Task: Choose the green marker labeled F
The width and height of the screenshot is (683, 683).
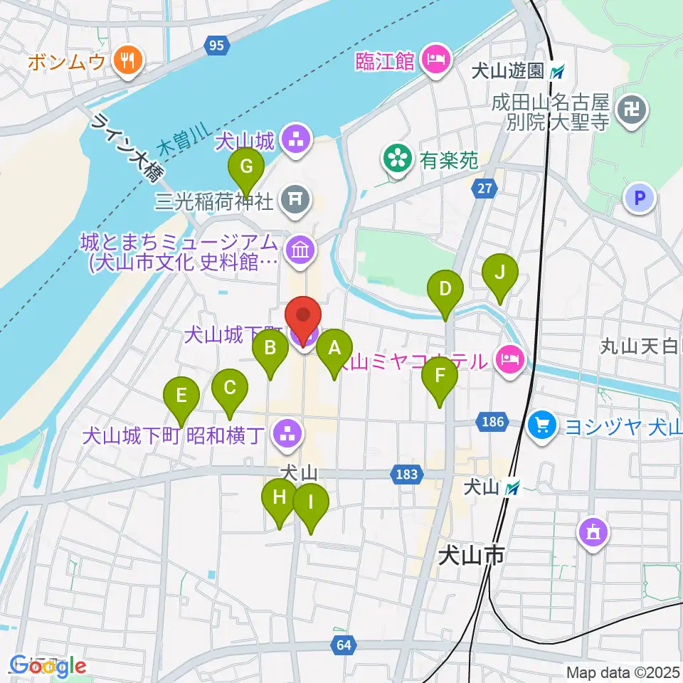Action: [x=440, y=377]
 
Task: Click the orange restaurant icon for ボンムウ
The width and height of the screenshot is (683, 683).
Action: [x=128, y=61]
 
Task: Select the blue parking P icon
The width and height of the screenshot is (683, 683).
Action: [x=640, y=198]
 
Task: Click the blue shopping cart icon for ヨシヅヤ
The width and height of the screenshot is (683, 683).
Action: [x=543, y=427]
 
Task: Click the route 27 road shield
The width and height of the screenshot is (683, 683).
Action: [x=484, y=189]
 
